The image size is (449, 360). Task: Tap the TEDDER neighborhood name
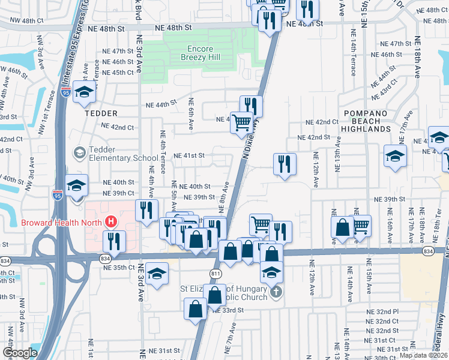point(86,113)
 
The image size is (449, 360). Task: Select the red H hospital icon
point(110,222)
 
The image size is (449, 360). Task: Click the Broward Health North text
point(62,222)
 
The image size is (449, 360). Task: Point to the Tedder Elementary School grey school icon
point(79,153)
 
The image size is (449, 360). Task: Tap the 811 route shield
point(215,272)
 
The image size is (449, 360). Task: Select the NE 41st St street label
point(189,155)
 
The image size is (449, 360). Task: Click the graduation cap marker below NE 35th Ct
point(156,274)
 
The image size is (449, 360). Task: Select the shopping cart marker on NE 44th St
point(242,122)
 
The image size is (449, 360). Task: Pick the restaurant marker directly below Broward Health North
point(113,241)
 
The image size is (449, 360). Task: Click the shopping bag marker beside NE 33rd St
point(196,310)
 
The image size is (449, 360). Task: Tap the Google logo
point(19,353)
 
